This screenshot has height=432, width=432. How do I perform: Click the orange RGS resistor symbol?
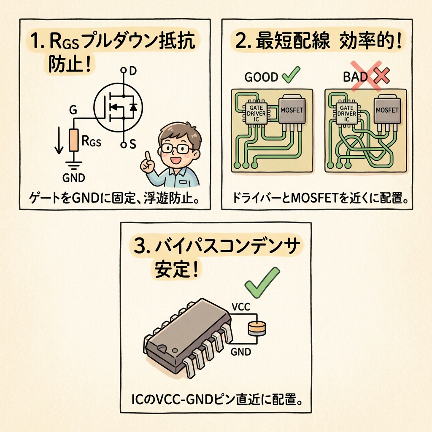[73, 140]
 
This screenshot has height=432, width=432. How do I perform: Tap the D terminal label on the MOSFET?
[133, 71]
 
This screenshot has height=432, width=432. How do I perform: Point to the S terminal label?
[133, 144]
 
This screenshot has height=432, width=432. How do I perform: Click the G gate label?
[73, 111]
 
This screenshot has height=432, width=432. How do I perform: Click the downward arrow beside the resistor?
[59, 140]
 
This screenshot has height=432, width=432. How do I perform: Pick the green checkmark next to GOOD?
[291, 74]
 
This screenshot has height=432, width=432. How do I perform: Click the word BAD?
[355, 77]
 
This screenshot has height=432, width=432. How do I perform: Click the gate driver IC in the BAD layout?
[347, 113]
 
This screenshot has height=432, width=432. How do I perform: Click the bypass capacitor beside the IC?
[257, 329]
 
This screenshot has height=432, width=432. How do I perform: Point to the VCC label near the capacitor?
[241, 307]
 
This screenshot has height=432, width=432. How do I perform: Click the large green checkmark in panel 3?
[262, 282]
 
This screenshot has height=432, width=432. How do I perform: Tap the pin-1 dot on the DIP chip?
[174, 351]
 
